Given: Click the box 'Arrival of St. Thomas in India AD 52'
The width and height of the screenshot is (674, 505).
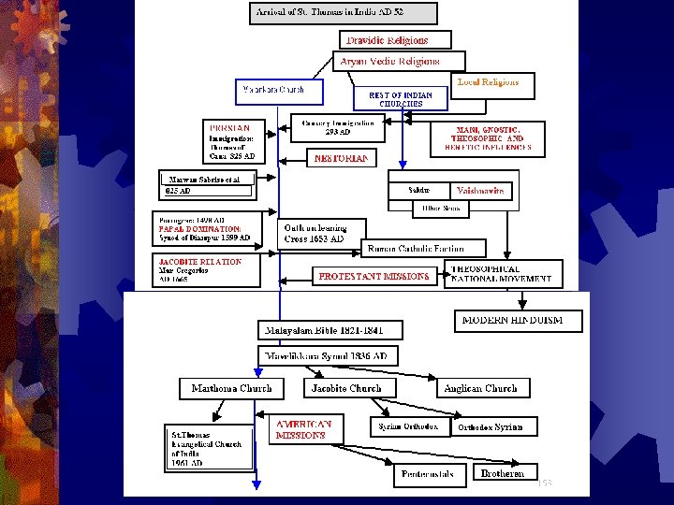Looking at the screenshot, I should (344, 13).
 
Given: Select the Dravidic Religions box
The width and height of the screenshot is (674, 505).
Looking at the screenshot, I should (395, 40).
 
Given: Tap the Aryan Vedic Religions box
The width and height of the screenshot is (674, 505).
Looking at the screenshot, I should (389, 62).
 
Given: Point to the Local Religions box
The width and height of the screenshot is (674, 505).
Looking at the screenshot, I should (493, 84).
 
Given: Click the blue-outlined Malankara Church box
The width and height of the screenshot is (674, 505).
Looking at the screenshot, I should (279, 91).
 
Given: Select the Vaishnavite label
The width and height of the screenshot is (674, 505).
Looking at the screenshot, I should (479, 191).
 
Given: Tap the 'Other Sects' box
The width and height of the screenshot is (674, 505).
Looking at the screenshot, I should (441, 209).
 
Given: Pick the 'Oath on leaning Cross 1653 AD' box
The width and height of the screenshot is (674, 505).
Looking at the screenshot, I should (324, 233).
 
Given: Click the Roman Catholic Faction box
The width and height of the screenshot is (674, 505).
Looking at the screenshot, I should (426, 249).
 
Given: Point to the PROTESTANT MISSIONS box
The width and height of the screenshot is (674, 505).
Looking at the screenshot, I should (374, 276).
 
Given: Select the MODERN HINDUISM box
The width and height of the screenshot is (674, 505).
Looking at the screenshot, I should (519, 321).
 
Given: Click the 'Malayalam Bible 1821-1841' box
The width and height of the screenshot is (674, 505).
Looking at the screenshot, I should (330, 330).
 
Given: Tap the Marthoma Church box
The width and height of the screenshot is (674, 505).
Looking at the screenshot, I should (231, 388).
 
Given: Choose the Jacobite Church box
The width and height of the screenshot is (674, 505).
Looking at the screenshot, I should (349, 388).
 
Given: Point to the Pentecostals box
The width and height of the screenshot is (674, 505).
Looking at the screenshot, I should (428, 474).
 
